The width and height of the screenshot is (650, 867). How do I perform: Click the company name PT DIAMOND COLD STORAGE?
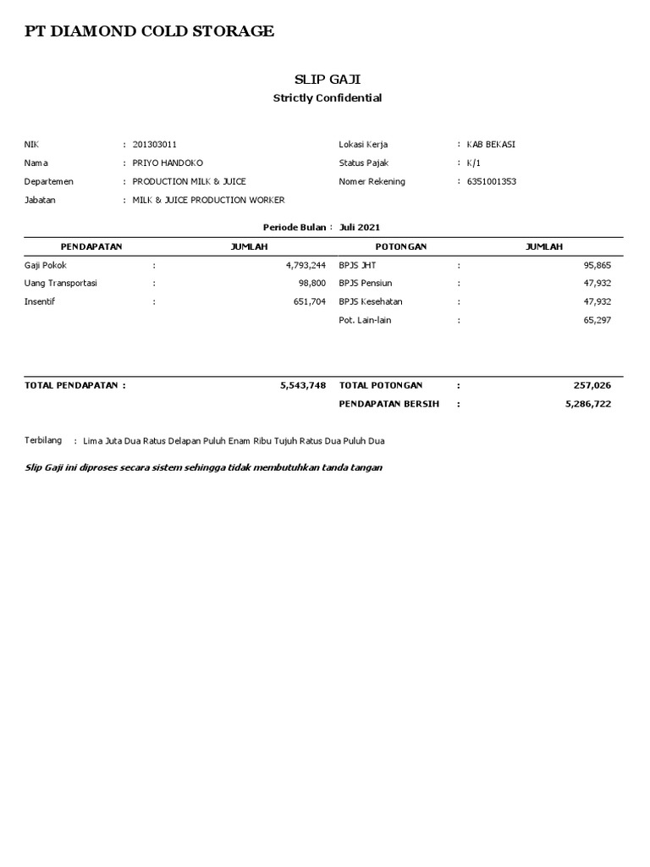click(149, 31)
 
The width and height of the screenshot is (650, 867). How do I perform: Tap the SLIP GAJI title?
click(327, 79)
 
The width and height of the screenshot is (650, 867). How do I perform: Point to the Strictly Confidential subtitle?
click(327, 98)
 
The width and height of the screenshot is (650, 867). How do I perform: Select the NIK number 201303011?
click(155, 145)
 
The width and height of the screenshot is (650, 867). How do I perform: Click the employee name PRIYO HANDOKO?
click(168, 163)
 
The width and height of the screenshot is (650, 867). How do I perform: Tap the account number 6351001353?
click(491, 181)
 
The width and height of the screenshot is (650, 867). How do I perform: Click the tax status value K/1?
click(474, 163)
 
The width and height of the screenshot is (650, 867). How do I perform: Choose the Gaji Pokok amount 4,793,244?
click(306, 265)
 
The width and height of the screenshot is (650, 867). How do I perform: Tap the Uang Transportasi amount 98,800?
click(312, 284)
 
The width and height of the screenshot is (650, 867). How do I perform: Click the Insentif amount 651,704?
click(309, 301)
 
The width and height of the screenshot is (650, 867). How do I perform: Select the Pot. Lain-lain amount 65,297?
click(597, 320)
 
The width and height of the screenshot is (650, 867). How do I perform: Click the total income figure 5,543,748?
click(302, 385)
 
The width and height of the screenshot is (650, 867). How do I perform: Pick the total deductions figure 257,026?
click(592, 385)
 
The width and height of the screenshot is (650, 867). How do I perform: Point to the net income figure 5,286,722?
click(587, 405)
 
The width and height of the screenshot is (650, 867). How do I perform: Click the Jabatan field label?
click(40, 201)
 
